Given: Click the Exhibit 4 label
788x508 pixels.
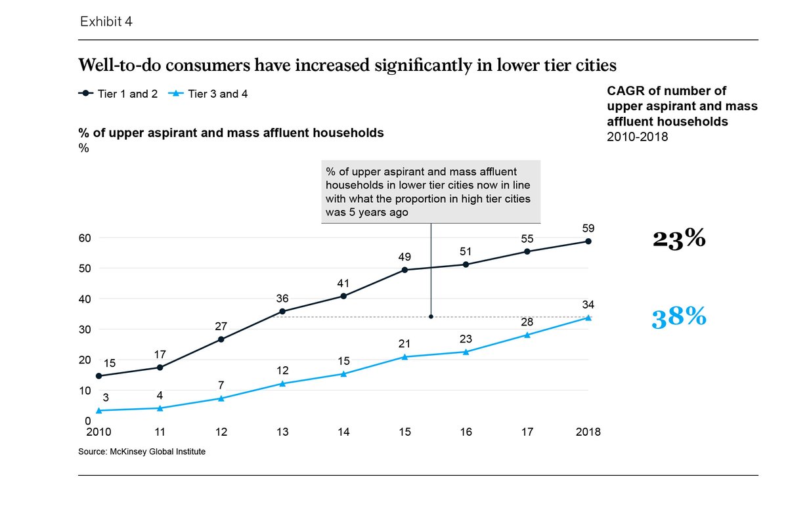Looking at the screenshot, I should pos(106,22).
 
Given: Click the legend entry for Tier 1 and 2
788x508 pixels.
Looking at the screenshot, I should pos(118,94).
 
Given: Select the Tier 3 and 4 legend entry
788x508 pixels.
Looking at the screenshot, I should pos(210,94).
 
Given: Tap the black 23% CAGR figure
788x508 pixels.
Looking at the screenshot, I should pos(679,239).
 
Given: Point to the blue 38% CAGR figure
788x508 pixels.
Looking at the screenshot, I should pos(679,318).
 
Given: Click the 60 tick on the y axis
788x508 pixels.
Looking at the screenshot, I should pos(85,238).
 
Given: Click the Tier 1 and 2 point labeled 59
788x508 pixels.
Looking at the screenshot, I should pos(588,242).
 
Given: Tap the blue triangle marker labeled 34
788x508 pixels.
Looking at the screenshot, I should pos(588,318).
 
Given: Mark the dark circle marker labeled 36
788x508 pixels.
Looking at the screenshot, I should pos(282,311).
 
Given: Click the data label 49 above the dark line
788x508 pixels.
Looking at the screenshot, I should pos(405,257).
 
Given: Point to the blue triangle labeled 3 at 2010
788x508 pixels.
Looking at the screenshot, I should pos(99,410).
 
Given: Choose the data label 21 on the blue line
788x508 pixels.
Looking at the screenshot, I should pos(405,343).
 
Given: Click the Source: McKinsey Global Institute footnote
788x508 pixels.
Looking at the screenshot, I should pos(146,452).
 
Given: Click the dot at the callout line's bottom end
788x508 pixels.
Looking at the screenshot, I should pos(431,316).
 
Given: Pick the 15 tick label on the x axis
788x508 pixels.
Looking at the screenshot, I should pos(405,432).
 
